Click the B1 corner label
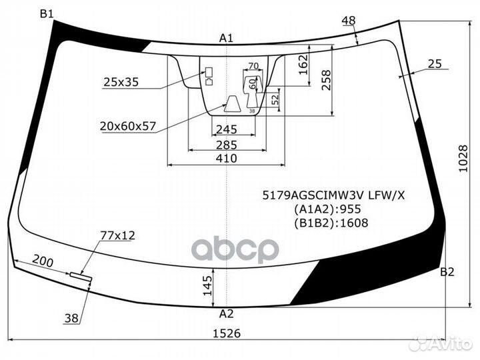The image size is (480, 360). pos(47,13)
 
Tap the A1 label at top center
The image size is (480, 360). pos(226,38)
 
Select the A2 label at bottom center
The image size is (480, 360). pos(227,313)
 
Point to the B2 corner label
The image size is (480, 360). pos(447,272)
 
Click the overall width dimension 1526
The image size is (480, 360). pos(227,333)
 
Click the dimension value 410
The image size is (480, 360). pos(227,158)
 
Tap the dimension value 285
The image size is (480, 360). pos(227,144)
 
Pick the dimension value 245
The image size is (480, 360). pos(227,129)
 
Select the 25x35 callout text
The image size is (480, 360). pos(121,82)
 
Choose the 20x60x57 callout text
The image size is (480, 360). pos(129,125)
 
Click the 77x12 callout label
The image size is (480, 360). pos(117,235)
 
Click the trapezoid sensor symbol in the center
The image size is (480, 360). pos(231,103)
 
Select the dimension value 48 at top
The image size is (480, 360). pos(348,21)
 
